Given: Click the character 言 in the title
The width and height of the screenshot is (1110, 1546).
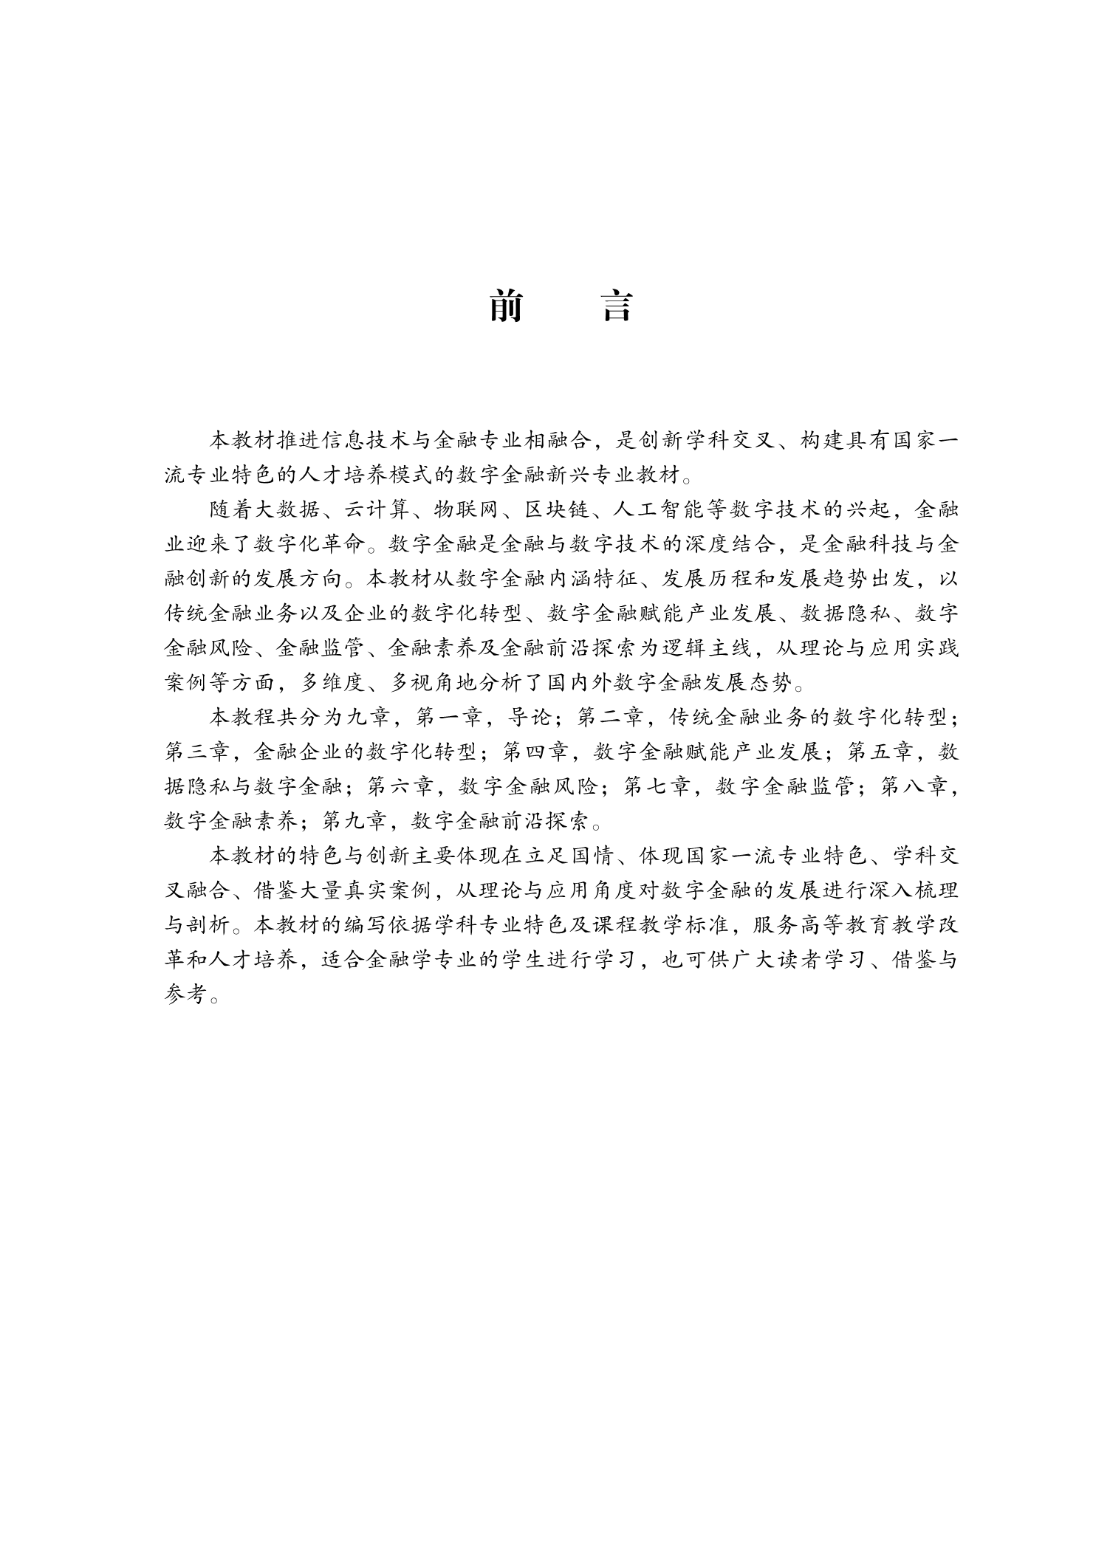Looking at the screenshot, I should [617, 306].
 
